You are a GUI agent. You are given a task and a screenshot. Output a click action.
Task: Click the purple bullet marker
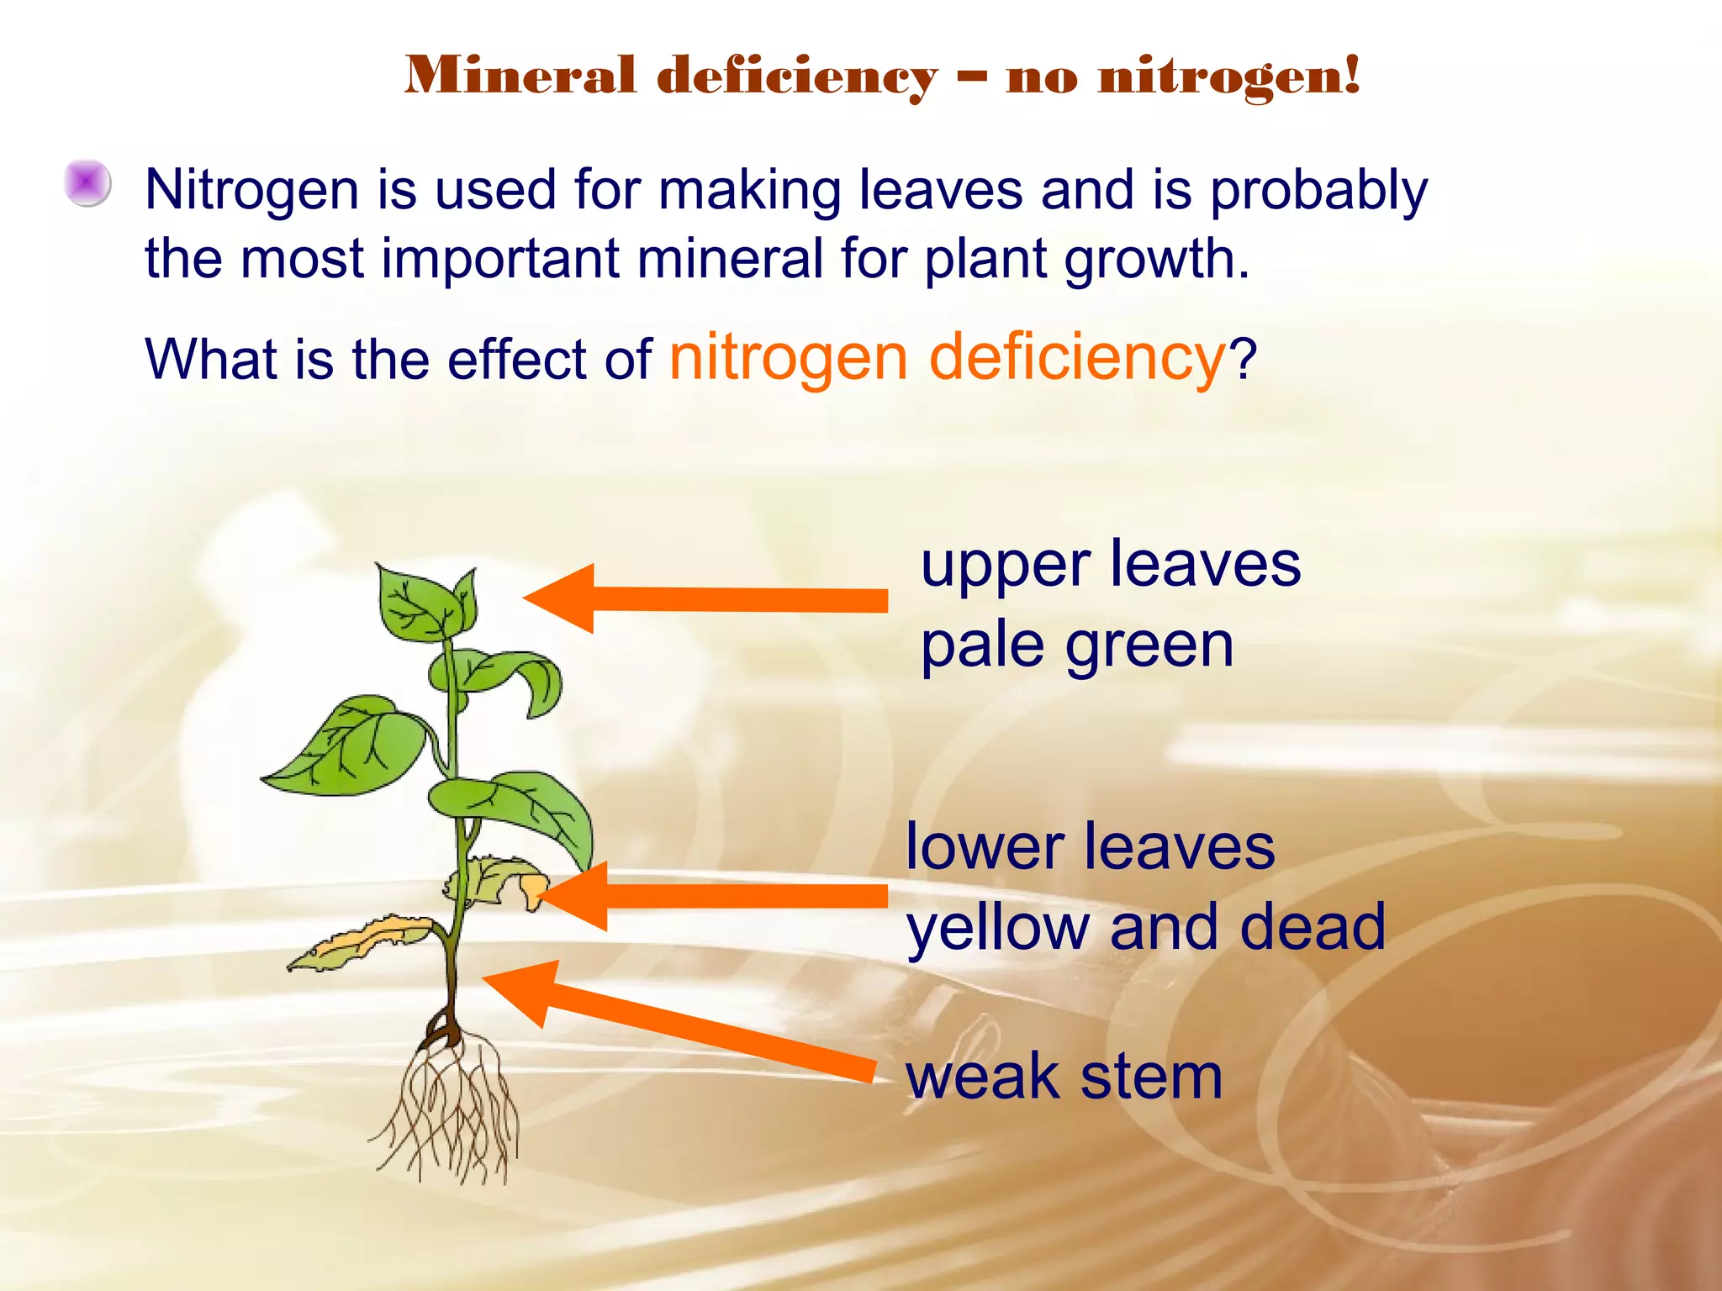pos(87,182)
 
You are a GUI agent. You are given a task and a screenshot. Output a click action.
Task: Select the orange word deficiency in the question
pos(1077,358)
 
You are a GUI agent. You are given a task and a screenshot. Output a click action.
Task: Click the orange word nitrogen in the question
pos(789,358)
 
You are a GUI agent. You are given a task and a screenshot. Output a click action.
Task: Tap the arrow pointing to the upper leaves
pos(706,599)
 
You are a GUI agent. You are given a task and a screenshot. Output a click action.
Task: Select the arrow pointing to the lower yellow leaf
pos(715,896)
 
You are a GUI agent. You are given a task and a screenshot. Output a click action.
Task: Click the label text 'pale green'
pos(1076,646)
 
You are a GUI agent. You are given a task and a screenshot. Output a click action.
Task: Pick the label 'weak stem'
pos(1064,1077)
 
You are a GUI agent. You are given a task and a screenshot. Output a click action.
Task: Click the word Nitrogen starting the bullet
pos(251,191)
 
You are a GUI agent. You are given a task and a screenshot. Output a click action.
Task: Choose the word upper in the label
pos(1005,566)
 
